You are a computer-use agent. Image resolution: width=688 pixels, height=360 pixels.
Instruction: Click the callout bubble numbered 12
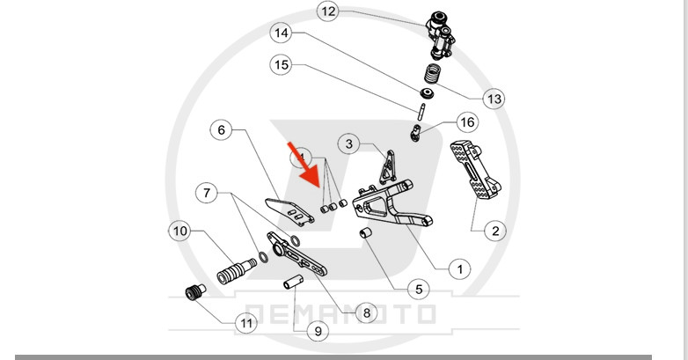(328, 12)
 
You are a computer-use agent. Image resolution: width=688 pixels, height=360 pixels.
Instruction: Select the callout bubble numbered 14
(282, 36)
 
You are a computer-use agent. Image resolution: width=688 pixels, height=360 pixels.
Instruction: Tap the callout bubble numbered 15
(282, 65)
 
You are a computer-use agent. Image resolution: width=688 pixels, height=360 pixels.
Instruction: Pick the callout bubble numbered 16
(467, 122)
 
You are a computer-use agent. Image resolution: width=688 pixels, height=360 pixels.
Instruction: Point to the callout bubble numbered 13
(494, 99)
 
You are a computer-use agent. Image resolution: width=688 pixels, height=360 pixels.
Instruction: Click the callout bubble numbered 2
(494, 231)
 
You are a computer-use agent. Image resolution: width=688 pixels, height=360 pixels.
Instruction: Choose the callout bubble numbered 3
(349, 143)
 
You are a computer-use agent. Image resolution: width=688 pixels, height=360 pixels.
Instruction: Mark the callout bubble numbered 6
(221, 130)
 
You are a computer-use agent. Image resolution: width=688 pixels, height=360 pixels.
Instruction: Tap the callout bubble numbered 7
(207, 191)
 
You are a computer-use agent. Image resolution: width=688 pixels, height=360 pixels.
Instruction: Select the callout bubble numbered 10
(180, 231)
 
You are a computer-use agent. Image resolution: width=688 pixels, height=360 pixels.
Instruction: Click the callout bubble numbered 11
(247, 323)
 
